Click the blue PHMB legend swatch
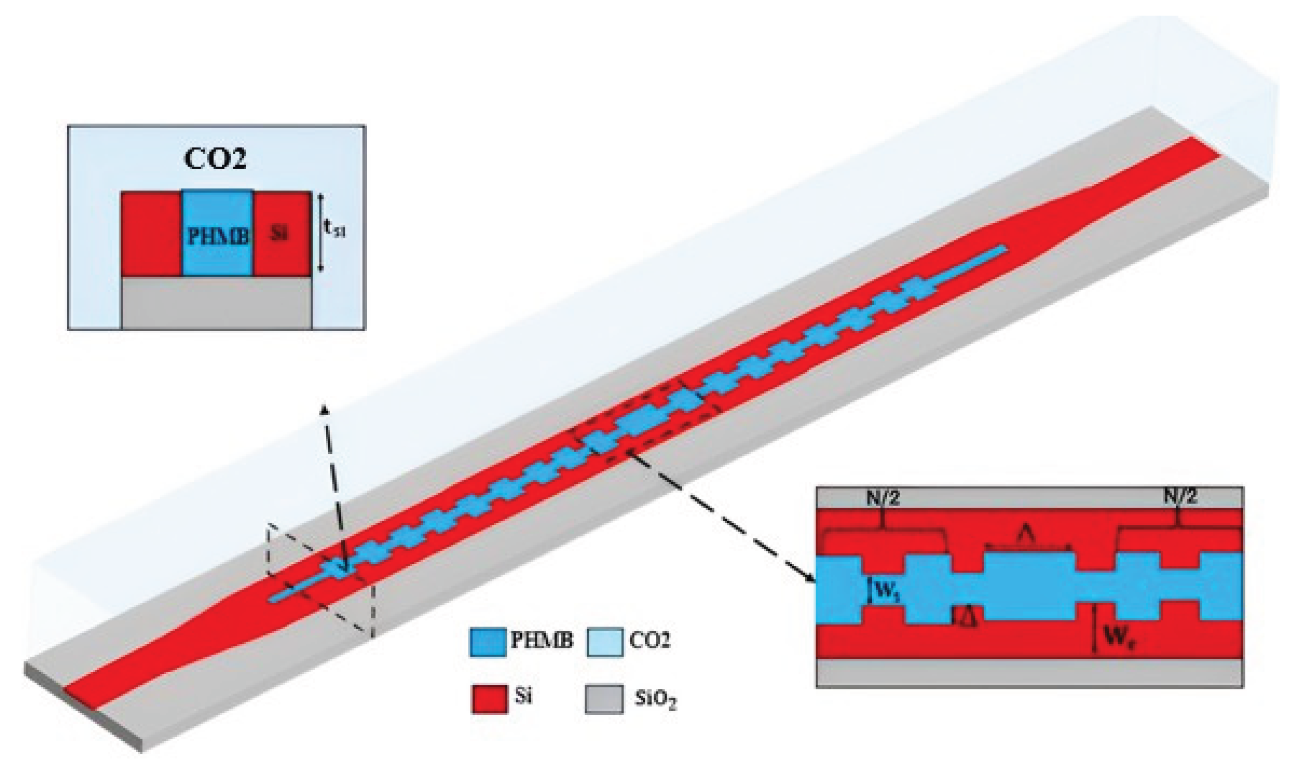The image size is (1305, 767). (x=487, y=643)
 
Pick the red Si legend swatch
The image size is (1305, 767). (x=489, y=699)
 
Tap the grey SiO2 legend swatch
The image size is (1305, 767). (x=604, y=699)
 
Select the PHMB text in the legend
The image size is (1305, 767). (x=542, y=640)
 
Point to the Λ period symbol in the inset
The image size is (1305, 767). (x=1028, y=536)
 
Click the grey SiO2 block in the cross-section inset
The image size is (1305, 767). (x=216, y=302)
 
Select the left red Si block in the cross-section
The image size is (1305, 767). (x=151, y=234)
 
